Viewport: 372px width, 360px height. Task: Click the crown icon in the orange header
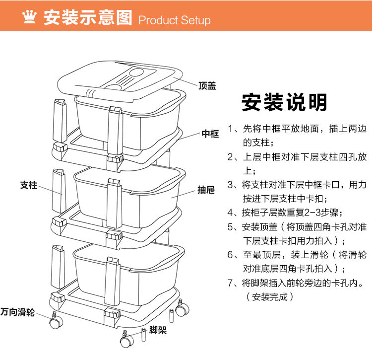coord(30,18)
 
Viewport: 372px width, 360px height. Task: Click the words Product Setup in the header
coord(175,20)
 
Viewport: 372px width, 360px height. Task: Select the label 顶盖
coord(207,86)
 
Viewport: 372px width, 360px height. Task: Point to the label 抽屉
coord(206,190)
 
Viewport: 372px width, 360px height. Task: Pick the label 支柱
coord(29,185)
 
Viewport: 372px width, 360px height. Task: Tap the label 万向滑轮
coord(17,312)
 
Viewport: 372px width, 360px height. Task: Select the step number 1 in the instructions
coord(231,129)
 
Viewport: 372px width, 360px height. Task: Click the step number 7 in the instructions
coord(231,284)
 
